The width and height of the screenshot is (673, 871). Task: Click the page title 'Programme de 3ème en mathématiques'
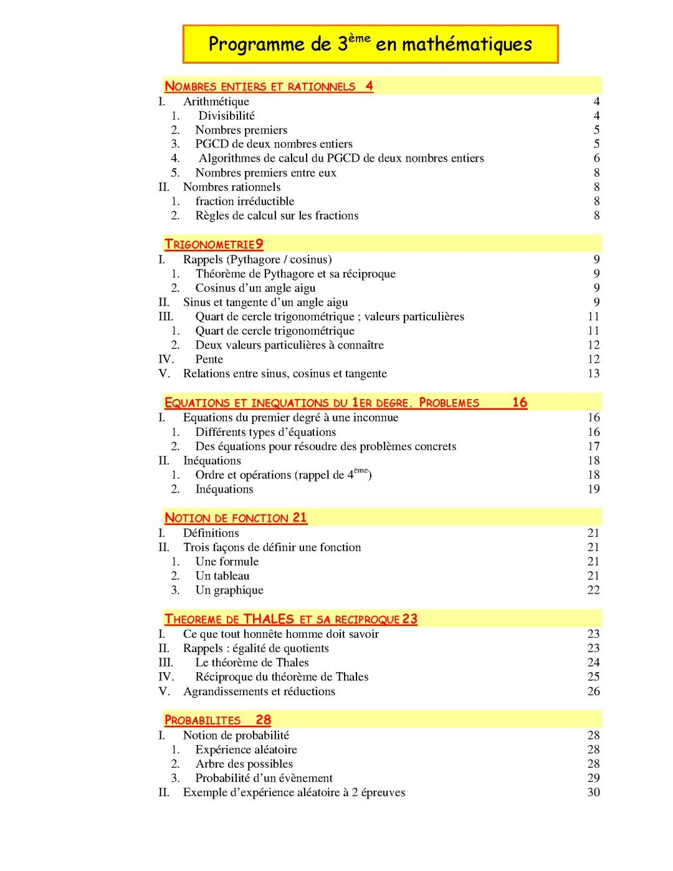coord(370,44)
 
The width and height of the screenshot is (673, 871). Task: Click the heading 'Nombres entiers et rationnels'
coord(260,87)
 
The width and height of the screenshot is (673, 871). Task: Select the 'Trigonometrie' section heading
coord(210,244)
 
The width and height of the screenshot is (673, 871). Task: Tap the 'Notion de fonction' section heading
coord(227,518)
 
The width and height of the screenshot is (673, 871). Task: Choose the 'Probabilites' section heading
coord(203,720)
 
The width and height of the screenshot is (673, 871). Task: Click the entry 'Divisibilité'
coord(226,116)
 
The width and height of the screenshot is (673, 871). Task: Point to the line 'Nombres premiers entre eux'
coord(265,173)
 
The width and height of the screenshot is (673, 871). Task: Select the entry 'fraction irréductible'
coord(244,201)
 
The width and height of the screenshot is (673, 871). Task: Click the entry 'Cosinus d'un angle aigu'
coord(255,288)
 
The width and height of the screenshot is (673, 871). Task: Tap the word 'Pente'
coord(209,359)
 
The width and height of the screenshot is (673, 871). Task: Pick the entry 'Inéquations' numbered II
coord(212,461)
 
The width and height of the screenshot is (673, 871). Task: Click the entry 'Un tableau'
coord(222,576)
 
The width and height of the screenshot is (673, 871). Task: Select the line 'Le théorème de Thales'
coord(252,663)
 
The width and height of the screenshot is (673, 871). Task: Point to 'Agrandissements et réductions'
coord(259,691)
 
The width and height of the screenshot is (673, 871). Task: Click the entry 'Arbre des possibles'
coord(244,764)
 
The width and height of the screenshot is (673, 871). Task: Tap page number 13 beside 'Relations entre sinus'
coord(593,373)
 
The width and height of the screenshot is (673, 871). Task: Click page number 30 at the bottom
coord(593,792)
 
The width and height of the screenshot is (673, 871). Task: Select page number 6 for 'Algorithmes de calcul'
coord(596,158)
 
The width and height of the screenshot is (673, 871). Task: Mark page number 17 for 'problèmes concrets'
coord(593,446)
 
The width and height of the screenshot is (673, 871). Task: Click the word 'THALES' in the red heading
coord(269,619)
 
